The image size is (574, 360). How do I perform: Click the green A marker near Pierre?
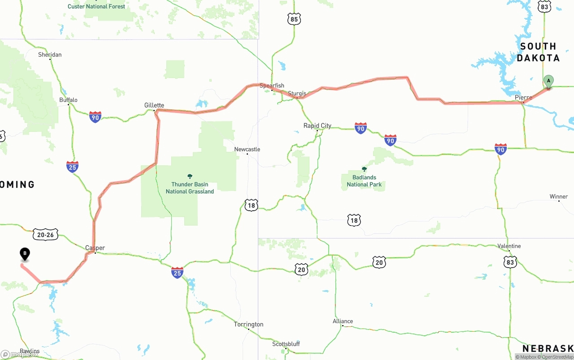(548, 81)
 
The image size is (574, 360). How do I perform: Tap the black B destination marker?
(25, 254)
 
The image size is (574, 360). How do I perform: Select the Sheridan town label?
(50, 55)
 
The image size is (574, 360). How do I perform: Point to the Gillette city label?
(154, 105)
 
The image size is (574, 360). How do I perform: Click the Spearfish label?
(272, 86)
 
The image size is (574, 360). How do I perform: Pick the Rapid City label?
(317, 126)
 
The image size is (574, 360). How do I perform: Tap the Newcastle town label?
(247, 149)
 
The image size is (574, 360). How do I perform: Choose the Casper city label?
(95, 248)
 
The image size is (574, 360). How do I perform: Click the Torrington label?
(248, 324)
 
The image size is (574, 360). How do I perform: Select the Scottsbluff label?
(286, 344)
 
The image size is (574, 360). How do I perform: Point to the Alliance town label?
(343, 321)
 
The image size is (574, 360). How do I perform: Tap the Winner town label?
(559, 197)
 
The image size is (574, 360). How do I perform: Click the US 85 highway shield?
(294, 19)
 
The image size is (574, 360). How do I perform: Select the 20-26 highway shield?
(45, 234)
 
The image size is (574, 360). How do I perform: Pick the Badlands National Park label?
(364, 181)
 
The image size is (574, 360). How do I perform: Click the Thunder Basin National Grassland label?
(190, 187)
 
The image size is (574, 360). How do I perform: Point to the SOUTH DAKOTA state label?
(538, 52)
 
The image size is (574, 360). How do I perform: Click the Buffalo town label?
(69, 100)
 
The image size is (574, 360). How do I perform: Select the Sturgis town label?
(297, 94)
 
